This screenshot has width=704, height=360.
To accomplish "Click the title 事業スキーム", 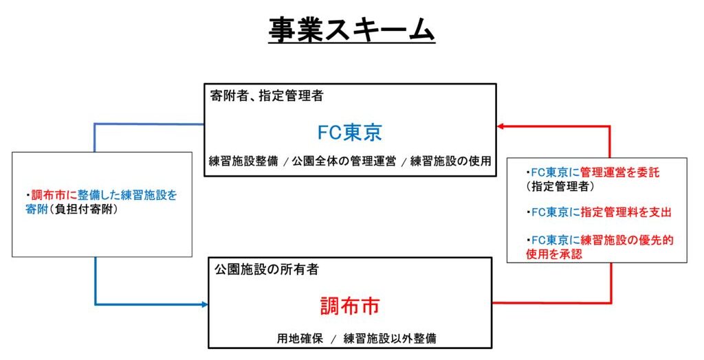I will click(x=351, y=30).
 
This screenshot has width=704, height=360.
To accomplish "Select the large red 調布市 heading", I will click(x=350, y=305).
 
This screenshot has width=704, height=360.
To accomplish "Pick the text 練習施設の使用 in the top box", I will click(x=450, y=162).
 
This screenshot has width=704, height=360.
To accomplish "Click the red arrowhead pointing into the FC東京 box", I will click(x=501, y=126).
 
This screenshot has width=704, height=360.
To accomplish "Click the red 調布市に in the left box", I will click(x=54, y=195).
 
